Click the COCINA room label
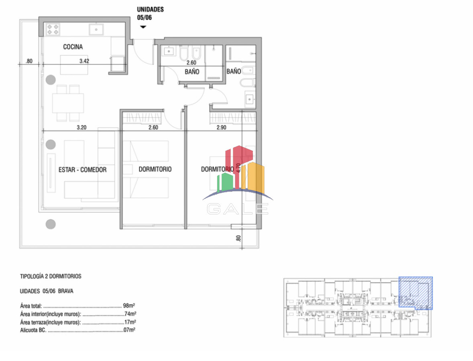coord(73,47)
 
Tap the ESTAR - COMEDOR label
coord(82,170)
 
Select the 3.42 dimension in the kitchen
coord(84,61)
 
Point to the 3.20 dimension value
coord(82,127)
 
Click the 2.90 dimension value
coord(221,127)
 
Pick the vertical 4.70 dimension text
coord(239,168)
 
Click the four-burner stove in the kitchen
coord(53,29)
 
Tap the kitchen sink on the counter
coord(96,30)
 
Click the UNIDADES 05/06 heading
coord(150,14)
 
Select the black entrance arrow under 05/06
coord(143,27)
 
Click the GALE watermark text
coord(238,209)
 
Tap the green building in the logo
coord(225,182)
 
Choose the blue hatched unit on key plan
coord(416,293)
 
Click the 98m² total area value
coord(129,306)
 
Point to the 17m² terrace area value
coord(130,322)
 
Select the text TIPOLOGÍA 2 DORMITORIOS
coord(51,276)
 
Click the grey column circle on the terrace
coord(51,224)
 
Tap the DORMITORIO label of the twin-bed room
coord(155,169)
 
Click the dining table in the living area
coord(68,103)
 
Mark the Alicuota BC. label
coord(33,330)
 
